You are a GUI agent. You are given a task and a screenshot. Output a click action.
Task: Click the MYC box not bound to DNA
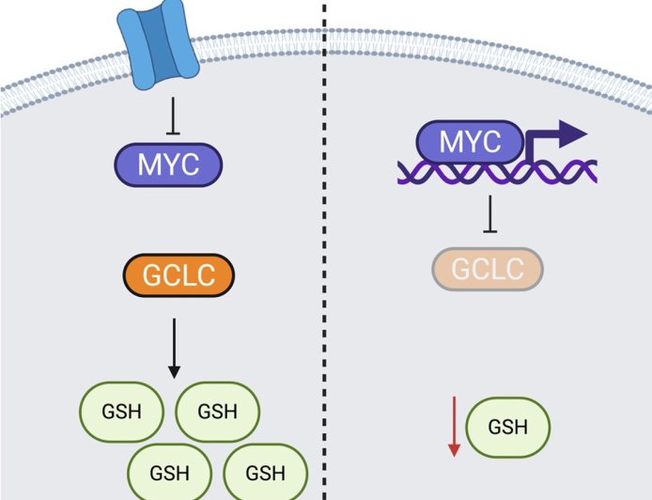(169, 165)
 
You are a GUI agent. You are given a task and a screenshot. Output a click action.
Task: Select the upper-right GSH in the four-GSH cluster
(217, 411)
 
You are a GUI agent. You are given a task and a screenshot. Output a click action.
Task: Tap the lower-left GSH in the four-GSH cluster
(170, 470)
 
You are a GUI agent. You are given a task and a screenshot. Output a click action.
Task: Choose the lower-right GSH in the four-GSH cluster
(266, 470)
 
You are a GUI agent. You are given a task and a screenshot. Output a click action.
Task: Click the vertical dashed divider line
(325, 282)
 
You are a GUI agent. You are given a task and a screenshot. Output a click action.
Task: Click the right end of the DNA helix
(592, 172)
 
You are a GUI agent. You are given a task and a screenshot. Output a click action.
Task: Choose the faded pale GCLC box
(488, 269)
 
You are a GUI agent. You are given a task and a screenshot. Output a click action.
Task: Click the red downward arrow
(454, 426)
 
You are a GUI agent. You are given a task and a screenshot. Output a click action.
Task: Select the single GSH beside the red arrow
(508, 427)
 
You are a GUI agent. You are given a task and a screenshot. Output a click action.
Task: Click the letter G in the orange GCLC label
(141, 276)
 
